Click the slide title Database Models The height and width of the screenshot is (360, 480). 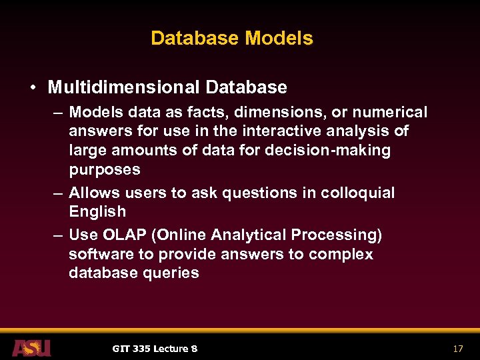231,38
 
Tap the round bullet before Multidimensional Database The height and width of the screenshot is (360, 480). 32,87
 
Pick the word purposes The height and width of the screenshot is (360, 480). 105,169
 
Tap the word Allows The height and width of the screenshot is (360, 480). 91,193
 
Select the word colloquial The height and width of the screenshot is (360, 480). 358,193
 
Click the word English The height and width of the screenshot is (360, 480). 97,211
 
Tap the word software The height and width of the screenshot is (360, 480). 98,254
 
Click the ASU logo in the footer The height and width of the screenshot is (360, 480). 31,347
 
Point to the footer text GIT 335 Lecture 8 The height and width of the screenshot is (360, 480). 155,349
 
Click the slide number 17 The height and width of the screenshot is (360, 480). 457,349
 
